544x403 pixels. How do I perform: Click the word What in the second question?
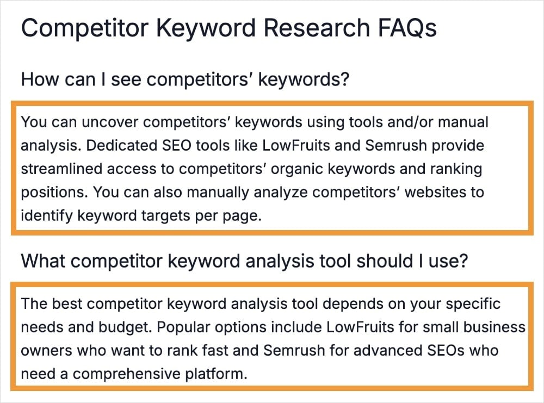point(42,261)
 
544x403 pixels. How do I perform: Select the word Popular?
point(183,327)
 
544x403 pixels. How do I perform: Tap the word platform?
point(215,374)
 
